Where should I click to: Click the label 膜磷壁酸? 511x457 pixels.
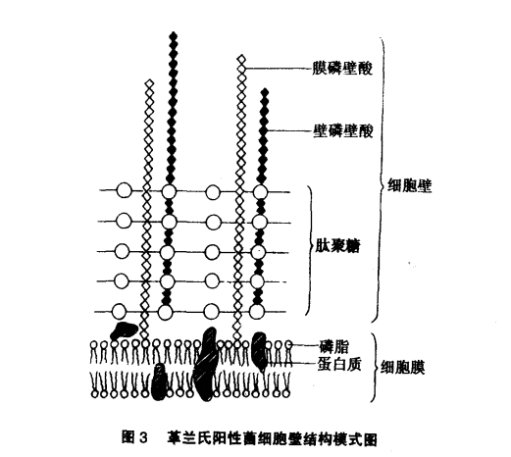[342, 69]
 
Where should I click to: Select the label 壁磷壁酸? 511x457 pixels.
[343, 131]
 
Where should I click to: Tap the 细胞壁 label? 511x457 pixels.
[410, 185]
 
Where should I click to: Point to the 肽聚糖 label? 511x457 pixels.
[337, 246]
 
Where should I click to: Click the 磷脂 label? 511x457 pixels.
[333, 347]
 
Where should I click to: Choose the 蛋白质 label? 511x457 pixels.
[339, 364]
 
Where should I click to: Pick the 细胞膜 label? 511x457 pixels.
[403, 367]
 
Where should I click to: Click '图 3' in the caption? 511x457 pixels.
[135, 437]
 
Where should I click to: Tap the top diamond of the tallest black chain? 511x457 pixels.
[174, 35]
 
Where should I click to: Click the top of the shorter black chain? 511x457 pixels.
[265, 91]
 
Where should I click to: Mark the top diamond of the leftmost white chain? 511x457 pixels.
[149, 82]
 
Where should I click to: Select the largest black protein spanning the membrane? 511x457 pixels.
[206, 364]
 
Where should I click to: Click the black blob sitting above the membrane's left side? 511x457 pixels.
[124, 330]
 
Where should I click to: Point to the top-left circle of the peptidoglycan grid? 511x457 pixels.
[124, 190]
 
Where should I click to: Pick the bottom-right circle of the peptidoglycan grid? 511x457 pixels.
[257, 312]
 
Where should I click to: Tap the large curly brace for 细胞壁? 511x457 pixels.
[381, 179]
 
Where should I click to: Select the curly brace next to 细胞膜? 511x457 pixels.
[375, 368]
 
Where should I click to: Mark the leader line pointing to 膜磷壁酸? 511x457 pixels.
[278, 69]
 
